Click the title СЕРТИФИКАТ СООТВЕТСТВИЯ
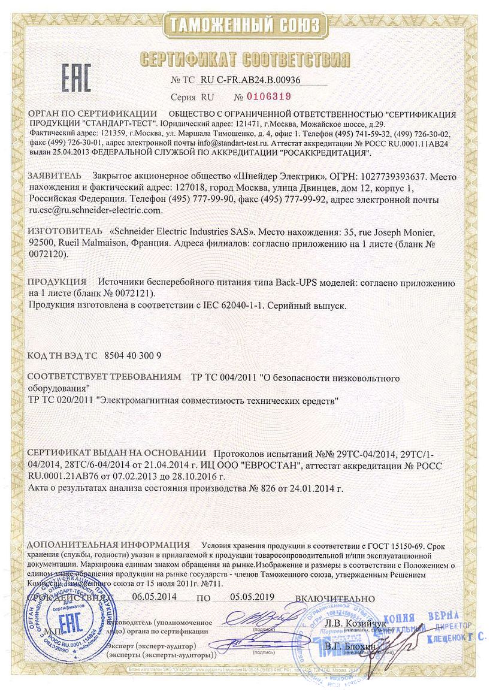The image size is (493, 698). coord(245,59)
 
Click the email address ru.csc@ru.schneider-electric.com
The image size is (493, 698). coord(95,210)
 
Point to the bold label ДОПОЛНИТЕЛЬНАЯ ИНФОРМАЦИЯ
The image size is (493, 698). coord(108,545)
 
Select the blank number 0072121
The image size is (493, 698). coord(130,294)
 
